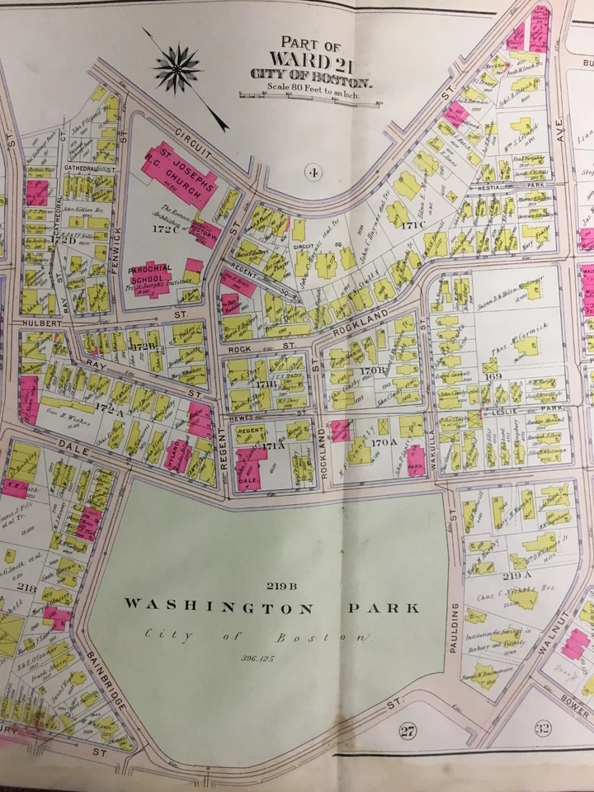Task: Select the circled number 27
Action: [406, 729]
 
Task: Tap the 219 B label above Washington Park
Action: [280, 586]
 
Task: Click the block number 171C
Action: [412, 224]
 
